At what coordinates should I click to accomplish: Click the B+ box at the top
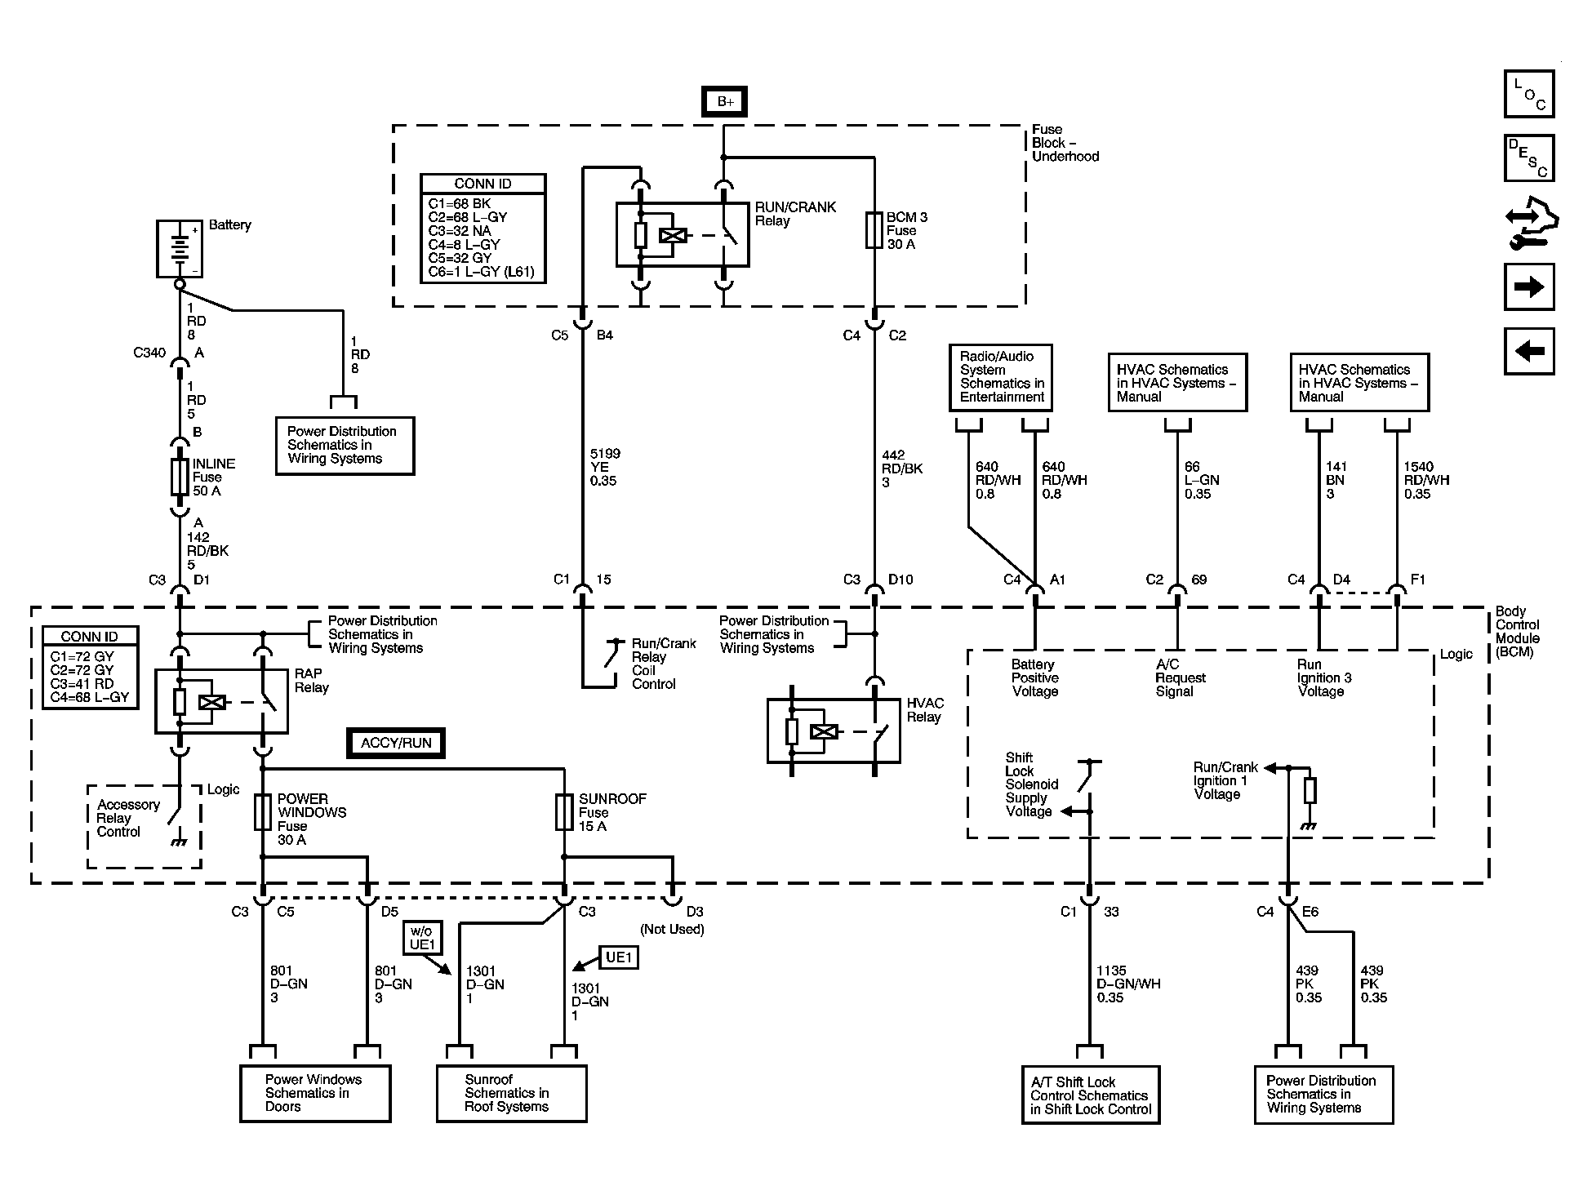[724, 102]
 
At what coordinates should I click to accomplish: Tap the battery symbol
[180, 248]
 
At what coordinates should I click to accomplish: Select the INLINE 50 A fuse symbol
[180, 478]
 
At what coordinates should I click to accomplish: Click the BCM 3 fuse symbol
[874, 231]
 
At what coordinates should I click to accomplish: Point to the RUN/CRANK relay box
[683, 234]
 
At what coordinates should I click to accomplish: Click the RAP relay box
[221, 701]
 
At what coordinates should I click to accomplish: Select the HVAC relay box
[834, 731]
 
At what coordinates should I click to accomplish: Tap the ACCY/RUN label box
[396, 743]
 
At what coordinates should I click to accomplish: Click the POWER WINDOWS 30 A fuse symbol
[263, 812]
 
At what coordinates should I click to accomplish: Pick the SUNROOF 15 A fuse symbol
[564, 812]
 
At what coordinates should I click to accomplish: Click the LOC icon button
[1529, 94]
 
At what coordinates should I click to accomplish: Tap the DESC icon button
[1529, 158]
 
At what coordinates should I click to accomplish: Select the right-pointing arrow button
[1529, 287]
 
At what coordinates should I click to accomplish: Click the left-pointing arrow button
[1529, 351]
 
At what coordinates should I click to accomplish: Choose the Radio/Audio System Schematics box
[1001, 377]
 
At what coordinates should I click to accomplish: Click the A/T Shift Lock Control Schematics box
[1091, 1095]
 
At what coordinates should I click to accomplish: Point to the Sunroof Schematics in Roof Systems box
[512, 1093]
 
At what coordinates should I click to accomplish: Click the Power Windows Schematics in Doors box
[315, 1093]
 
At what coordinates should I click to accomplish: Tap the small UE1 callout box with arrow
[619, 957]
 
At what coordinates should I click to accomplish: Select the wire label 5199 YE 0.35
[603, 468]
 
